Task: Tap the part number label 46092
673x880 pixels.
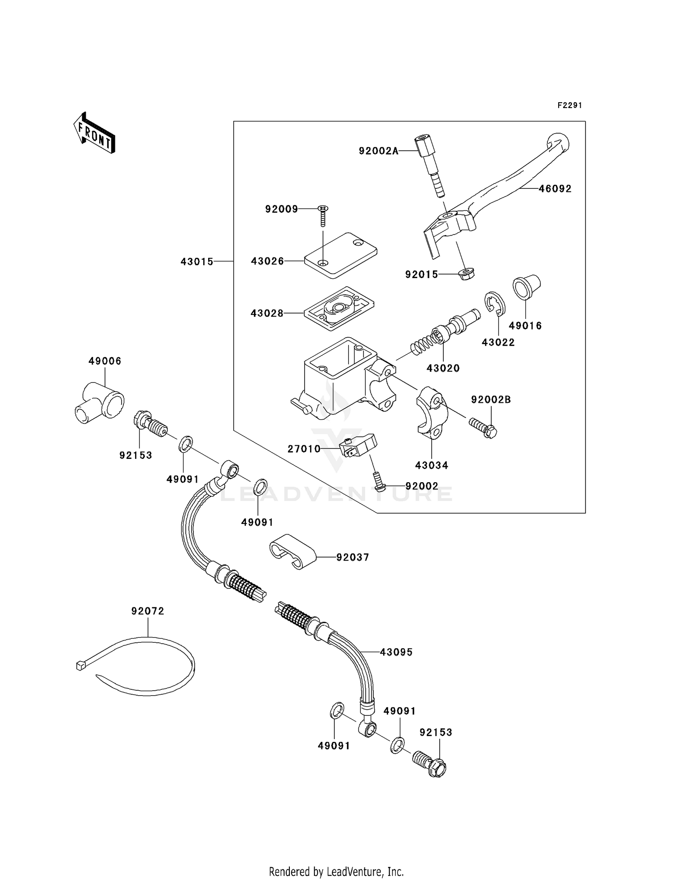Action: (555, 189)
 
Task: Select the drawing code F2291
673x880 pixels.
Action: (569, 105)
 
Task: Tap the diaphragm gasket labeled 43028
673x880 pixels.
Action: (339, 309)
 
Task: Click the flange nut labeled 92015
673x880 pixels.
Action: (467, 274)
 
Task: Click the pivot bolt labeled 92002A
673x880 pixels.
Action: (430, 166)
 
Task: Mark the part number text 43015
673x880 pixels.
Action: (197, 261)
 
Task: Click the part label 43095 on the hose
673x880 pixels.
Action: (396, 652)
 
